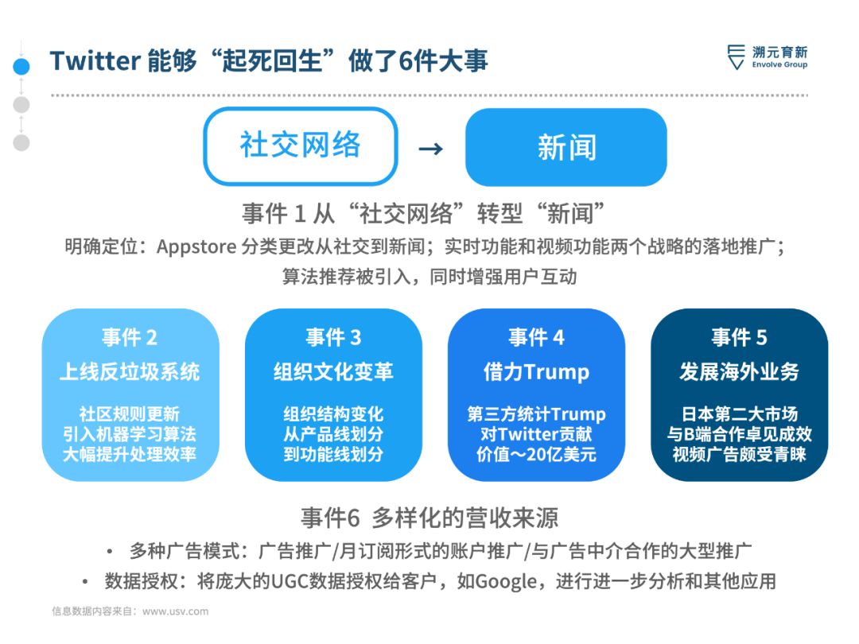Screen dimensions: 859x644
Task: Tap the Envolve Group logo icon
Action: tap(736, 57)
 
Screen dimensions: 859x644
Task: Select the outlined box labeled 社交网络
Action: tap(300, 146)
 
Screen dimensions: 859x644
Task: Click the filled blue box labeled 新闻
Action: tap(566, 147)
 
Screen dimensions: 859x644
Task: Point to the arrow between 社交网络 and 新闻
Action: tap(430, 149)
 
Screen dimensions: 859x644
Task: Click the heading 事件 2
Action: tap(130, 337)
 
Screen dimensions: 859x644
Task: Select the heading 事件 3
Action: tap(333, 337)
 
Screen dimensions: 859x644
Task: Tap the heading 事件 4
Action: tap(536, 337)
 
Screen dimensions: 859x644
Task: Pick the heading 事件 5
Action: tap(739, 337)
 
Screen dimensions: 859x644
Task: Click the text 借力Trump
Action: tap(536, 372)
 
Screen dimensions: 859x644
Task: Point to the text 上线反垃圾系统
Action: tap(130, 372)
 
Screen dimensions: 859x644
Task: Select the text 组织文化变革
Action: tap(333, 372)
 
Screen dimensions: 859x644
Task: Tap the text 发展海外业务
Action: tap(739, 372)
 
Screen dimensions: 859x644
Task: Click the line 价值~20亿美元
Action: tap(536, 455)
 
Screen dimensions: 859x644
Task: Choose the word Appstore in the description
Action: tap(196, 247)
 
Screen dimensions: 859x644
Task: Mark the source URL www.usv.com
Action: tap(175, 611)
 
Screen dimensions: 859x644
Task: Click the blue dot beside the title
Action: tap(21, 66)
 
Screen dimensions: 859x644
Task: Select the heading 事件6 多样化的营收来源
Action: tap(429, 518)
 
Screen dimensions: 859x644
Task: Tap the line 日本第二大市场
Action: tap(739, 414)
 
